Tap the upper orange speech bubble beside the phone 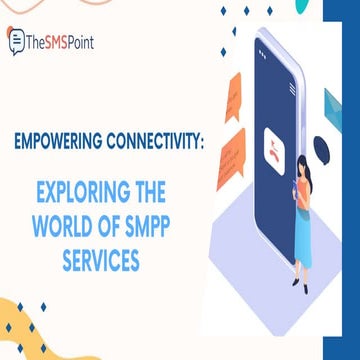click(234, 96)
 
